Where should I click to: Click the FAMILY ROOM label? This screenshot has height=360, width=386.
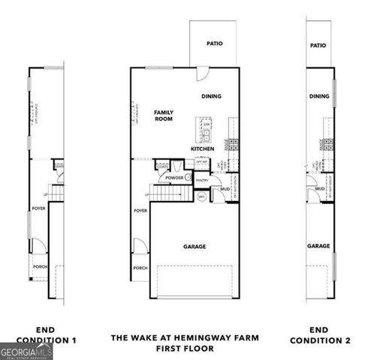[x=164, y=115]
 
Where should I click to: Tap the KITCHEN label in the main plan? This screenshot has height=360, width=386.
[x=202, y=148]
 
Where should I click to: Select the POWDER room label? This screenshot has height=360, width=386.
[x=175, y=178]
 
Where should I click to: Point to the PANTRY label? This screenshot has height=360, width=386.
[x=201, y=181]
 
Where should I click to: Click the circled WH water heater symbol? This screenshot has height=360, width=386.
[x=201, y=196]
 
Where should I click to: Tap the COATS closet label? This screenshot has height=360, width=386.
[x=163, y=167]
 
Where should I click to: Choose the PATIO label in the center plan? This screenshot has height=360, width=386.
[x=215, y=43]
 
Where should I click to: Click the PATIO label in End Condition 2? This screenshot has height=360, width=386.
[x=318, y=46]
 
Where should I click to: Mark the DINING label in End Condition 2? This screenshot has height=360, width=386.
[x=318, y=96]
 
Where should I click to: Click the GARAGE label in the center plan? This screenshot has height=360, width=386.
[x=195, y=246]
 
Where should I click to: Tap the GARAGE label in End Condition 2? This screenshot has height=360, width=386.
[x=318, y=245]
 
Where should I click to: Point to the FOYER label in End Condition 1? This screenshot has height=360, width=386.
[x=38, y=208]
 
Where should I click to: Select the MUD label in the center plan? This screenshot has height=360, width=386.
[x=225, y=189]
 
